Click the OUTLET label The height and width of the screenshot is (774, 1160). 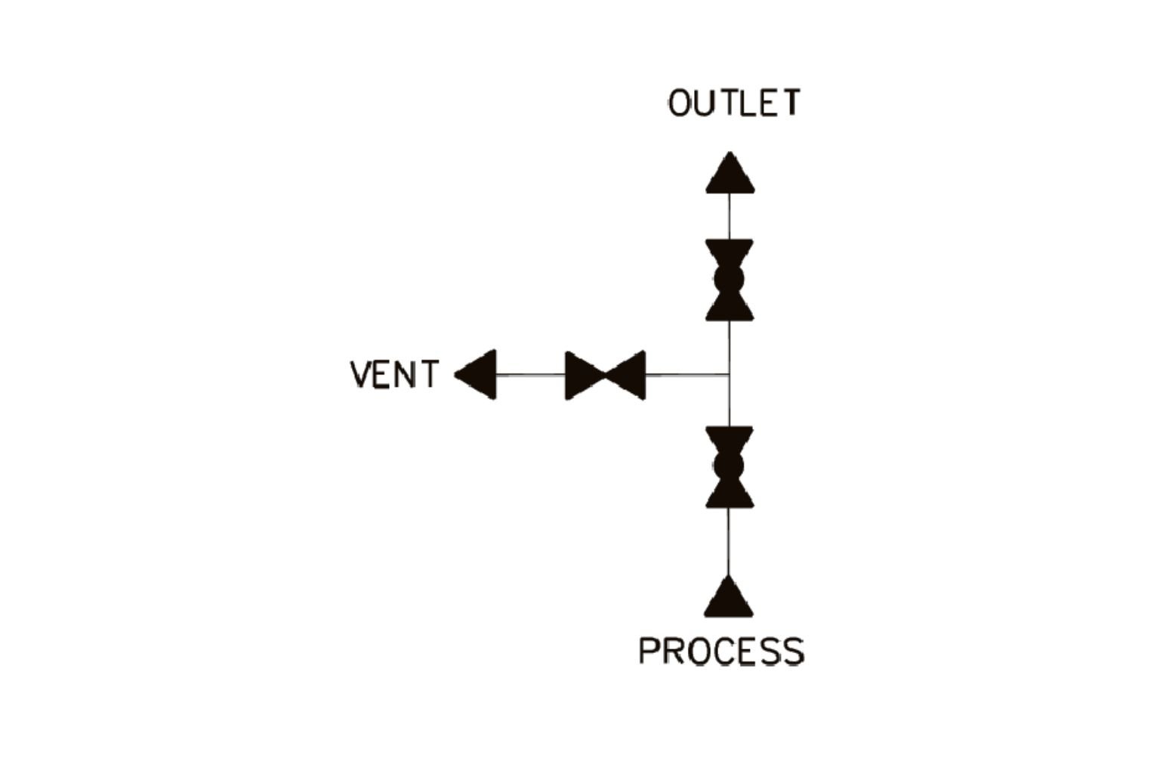pos(733,104)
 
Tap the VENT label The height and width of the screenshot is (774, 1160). pos(393,375)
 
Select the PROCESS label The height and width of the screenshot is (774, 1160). pos(721,651)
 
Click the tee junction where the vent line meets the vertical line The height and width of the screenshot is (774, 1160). pos(729,375)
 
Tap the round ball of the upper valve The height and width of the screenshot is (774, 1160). pos(730,280)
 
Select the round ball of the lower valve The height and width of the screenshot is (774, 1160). pos(730,466)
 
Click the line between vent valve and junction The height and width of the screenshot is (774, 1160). pos(687,375)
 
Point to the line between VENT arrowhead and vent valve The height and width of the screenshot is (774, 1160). pos(531,375)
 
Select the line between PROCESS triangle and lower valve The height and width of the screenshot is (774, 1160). pos(729,542)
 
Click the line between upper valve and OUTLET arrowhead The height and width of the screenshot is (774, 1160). pos(730,216)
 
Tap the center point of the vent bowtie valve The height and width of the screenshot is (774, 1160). pos(606,375)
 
